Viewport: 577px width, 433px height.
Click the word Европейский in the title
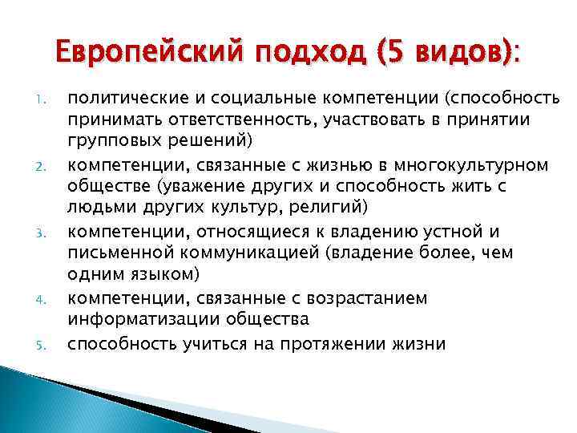[x=151, y=55]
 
